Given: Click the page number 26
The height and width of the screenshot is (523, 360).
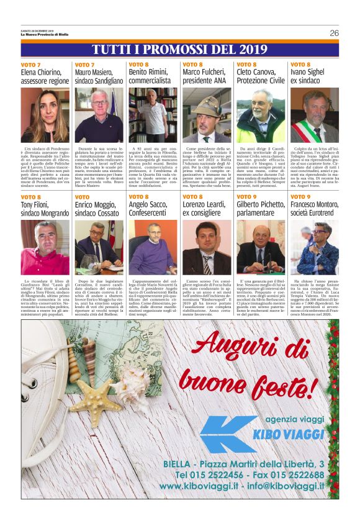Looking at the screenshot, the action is pos(334,33).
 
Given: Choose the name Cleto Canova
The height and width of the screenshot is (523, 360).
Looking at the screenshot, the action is pos(255,73).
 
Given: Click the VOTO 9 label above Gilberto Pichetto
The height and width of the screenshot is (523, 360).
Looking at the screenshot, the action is pos(246,197).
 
